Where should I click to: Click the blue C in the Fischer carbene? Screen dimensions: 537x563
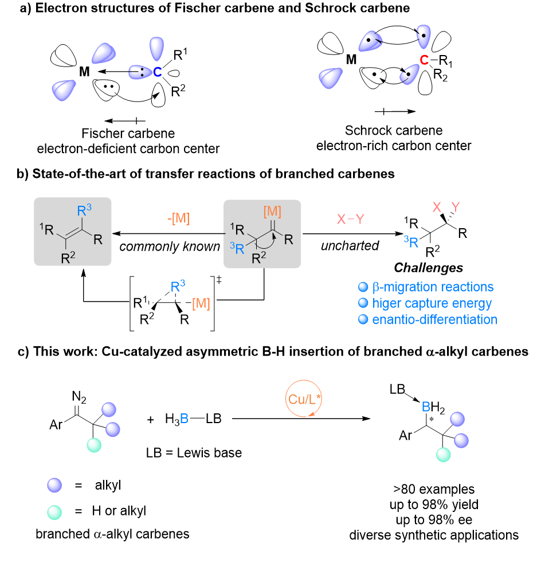157,72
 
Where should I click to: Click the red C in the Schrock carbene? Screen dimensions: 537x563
424,60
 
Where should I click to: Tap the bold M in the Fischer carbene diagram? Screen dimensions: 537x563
84,72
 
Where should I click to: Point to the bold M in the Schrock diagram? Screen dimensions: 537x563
351,60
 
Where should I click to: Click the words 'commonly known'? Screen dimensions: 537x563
170,247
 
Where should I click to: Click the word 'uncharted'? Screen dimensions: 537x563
350,245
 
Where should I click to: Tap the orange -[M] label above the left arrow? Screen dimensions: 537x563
178,218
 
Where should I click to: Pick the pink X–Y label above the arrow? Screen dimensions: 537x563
350,218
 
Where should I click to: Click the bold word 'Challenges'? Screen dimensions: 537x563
428,268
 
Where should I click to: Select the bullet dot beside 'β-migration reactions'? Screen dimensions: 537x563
363,287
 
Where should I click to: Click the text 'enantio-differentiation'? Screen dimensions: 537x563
434,319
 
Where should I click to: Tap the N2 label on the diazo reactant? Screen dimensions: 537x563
79,397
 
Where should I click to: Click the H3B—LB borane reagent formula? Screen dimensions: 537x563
193,419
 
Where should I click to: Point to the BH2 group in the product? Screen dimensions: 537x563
433,408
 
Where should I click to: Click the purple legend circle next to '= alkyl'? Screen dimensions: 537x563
54,485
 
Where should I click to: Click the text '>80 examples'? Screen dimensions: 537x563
434,489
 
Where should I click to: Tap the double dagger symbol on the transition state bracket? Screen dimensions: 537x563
219,280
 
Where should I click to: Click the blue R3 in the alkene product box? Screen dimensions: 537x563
84,210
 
